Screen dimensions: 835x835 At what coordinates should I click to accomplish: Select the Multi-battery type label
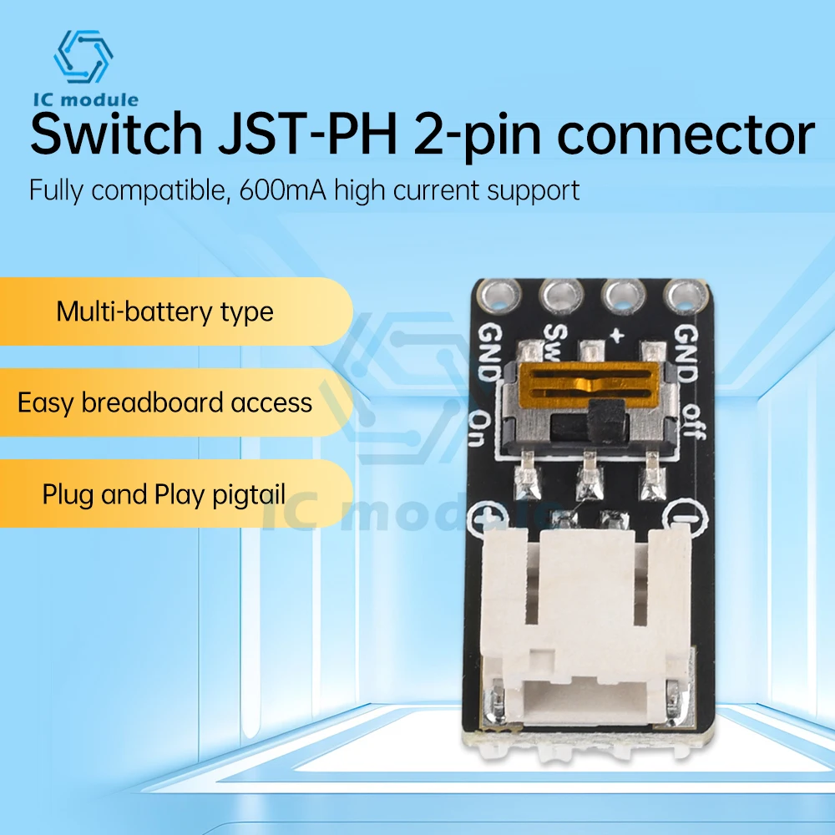tap(164, 312)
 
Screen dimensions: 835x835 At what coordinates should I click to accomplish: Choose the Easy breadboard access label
tap(164, 403)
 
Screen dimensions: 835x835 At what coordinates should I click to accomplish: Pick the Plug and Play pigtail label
tap(164, 494)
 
